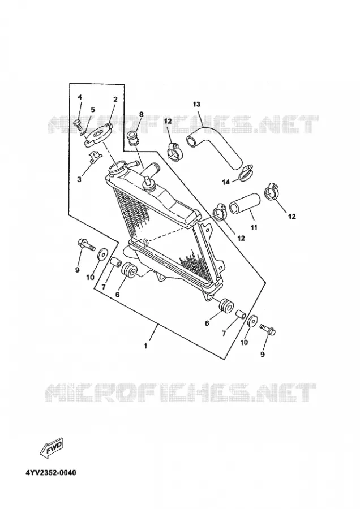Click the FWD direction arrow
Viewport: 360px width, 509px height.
(x=52, y=448)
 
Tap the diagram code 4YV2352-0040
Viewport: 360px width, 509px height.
(x=51, y=472)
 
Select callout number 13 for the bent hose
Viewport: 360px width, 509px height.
(x=196, y=104)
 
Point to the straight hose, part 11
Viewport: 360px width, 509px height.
(x=245, y=204)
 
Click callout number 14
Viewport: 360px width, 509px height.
(x=226, y=182)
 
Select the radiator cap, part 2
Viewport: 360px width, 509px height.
(x=98, y=136)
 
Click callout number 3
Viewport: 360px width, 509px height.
(x=79, y=179)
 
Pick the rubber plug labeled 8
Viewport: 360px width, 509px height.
(x=134, y=137)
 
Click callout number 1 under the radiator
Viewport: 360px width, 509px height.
(x=146, y=346)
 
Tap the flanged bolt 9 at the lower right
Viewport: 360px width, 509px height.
(x=268, y=329)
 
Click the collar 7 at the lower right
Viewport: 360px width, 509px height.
(x=241, y=314)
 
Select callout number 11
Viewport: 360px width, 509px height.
(x=254, y=227)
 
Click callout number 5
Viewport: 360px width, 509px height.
(x=93, y=110)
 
